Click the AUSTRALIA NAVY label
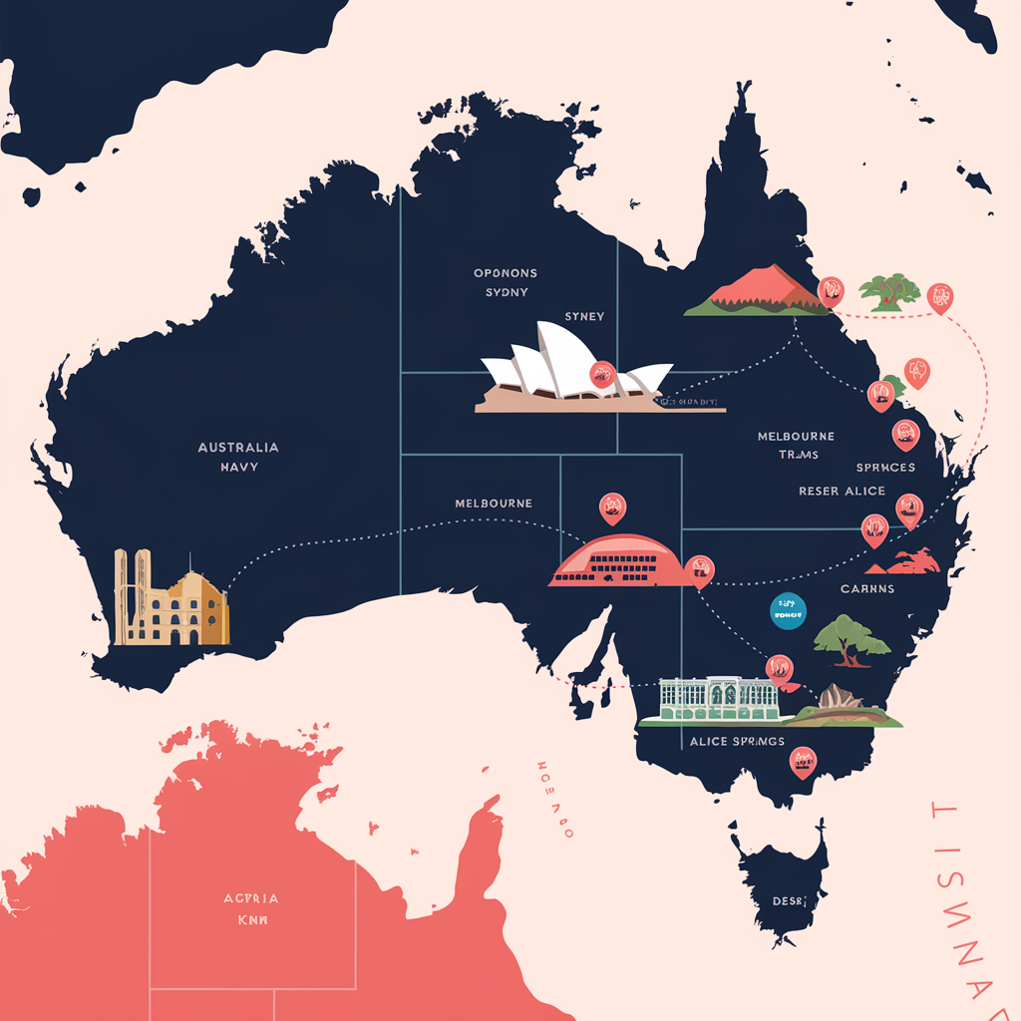point(238,457)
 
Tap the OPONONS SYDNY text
point(506,282)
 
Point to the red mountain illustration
point(758,290)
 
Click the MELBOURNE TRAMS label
point(796,446)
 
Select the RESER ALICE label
point(842,492)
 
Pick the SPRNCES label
point(885,468)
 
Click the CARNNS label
point(866,589)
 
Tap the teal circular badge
point(789,612)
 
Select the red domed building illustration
point(619,561)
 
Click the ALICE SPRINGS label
point(737,742)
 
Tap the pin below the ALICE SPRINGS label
point(803,764)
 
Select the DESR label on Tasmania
point(788,901)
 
